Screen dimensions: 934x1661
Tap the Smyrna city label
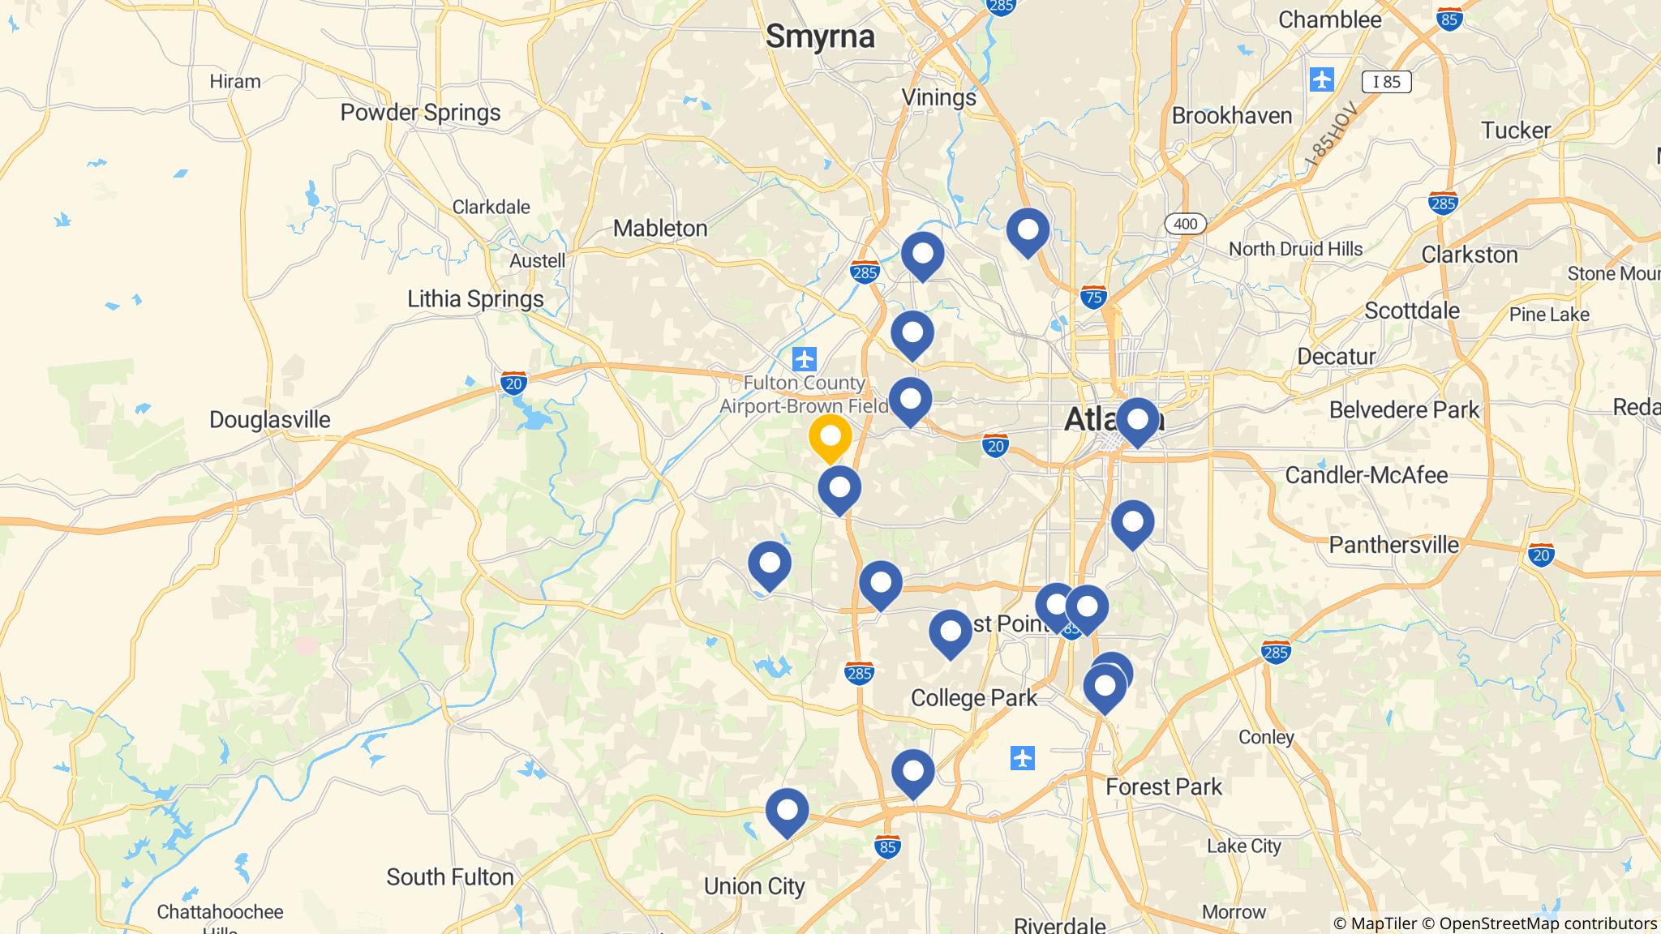[820, 36]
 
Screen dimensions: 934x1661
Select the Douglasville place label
[270, 420]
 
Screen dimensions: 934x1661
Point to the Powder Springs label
[420, 113]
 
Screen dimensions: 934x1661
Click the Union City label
[754, 886]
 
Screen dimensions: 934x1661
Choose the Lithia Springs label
[475, 299]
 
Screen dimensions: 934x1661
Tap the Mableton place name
[660, 229]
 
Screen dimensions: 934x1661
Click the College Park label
[973, 698]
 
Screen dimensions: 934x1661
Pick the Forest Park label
[1164, 786]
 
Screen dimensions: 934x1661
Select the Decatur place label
[1336, 357]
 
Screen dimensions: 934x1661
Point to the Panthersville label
[1393, 545]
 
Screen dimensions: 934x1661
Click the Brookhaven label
[1231, 116]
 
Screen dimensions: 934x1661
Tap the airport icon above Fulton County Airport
[805, 358]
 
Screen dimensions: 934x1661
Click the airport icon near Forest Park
[1023, 759]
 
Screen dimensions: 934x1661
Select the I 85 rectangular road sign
[1386, 81]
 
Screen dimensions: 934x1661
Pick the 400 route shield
[1185, 224]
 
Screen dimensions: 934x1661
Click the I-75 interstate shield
[1093, 297]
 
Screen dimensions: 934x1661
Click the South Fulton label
[449, 877]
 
